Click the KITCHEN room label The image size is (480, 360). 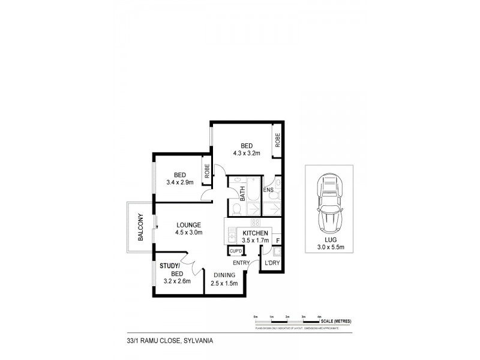click(255, 233)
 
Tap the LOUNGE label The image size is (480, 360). click(189, 225)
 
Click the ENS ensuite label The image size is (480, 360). click(268, 190)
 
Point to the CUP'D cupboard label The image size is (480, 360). click(235, 250)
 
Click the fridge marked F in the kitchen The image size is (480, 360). click(277, 241)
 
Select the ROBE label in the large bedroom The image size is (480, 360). click(278, 140)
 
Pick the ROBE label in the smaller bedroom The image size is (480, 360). click(206, 172)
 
